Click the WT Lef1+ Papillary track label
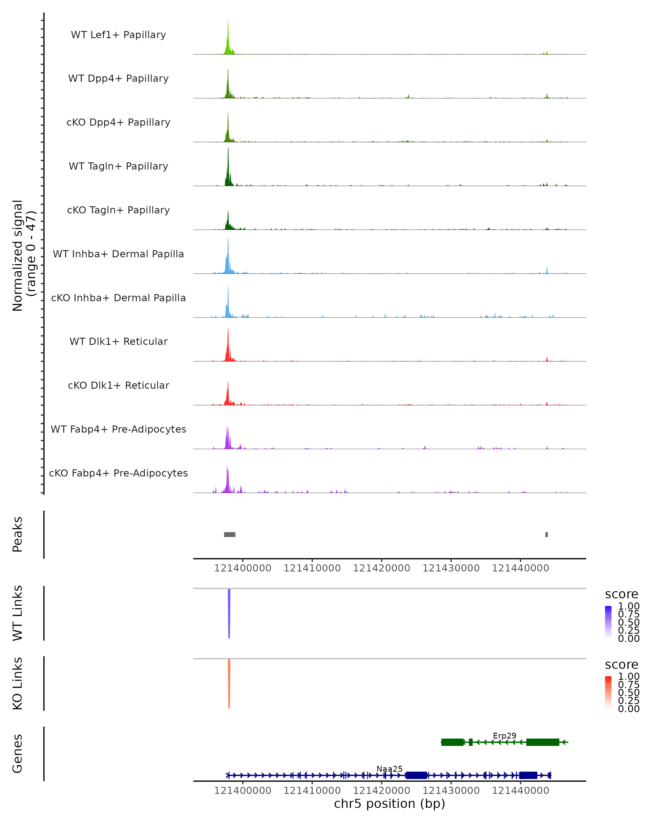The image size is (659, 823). [x=118, y=35]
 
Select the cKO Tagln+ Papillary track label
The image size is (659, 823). [x=118, y=210]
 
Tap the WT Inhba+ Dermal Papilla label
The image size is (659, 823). [x=118, y=254]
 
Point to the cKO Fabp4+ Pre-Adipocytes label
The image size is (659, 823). [x=118, y=473]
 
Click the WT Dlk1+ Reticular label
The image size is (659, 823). [x=118, y=341]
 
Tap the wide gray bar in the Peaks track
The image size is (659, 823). [x=230, y=534]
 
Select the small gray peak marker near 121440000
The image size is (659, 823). [x=547, y=534]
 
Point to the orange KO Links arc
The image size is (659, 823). [x=229, y=683]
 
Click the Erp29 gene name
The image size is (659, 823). [x=504, y=735]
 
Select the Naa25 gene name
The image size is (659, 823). [x=389, y=769]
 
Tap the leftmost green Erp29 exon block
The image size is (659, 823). [x=452, y=742]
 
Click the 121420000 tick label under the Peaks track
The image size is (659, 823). [x=381, y=568]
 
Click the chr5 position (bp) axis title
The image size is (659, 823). [x=389, y=804]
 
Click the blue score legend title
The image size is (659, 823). [x=621, y=594]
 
